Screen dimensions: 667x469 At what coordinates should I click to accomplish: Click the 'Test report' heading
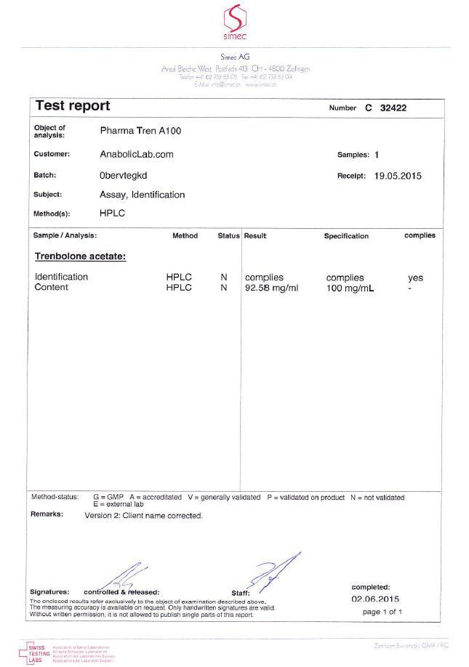pyautogui.click(x=73, y=106)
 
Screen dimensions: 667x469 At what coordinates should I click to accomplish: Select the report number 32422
pyautogui.click(x=408, y=108)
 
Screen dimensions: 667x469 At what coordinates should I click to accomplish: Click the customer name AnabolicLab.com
pyautogui.click(x=137, y=154)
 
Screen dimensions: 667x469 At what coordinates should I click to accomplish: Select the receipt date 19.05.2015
pyautogui.click(x=398, y=176)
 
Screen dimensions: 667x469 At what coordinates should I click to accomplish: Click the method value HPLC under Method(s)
pyautogui.click(x=112, y=214)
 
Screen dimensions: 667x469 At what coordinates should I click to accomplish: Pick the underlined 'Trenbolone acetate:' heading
pyautogui.click(x=80, y=256)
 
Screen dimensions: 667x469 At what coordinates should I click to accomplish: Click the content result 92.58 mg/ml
pyautogui.click(x=277, y=288)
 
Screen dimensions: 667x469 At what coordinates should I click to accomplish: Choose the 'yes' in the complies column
pyautogui.click(x=415, y=278)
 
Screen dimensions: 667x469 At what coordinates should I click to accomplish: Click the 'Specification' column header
pyautogui.click(x=346, y=236)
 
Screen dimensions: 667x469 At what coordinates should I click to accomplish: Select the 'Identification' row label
pyautogui.click(x=62, y=277)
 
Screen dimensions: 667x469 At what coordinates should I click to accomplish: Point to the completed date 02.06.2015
pyautogui.click(x=375, y=599)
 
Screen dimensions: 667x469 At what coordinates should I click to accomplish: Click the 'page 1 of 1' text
pyautogui.click(x=382, y=612)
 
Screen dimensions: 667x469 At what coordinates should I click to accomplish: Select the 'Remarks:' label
pyautogui.click(x=47, y=514)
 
